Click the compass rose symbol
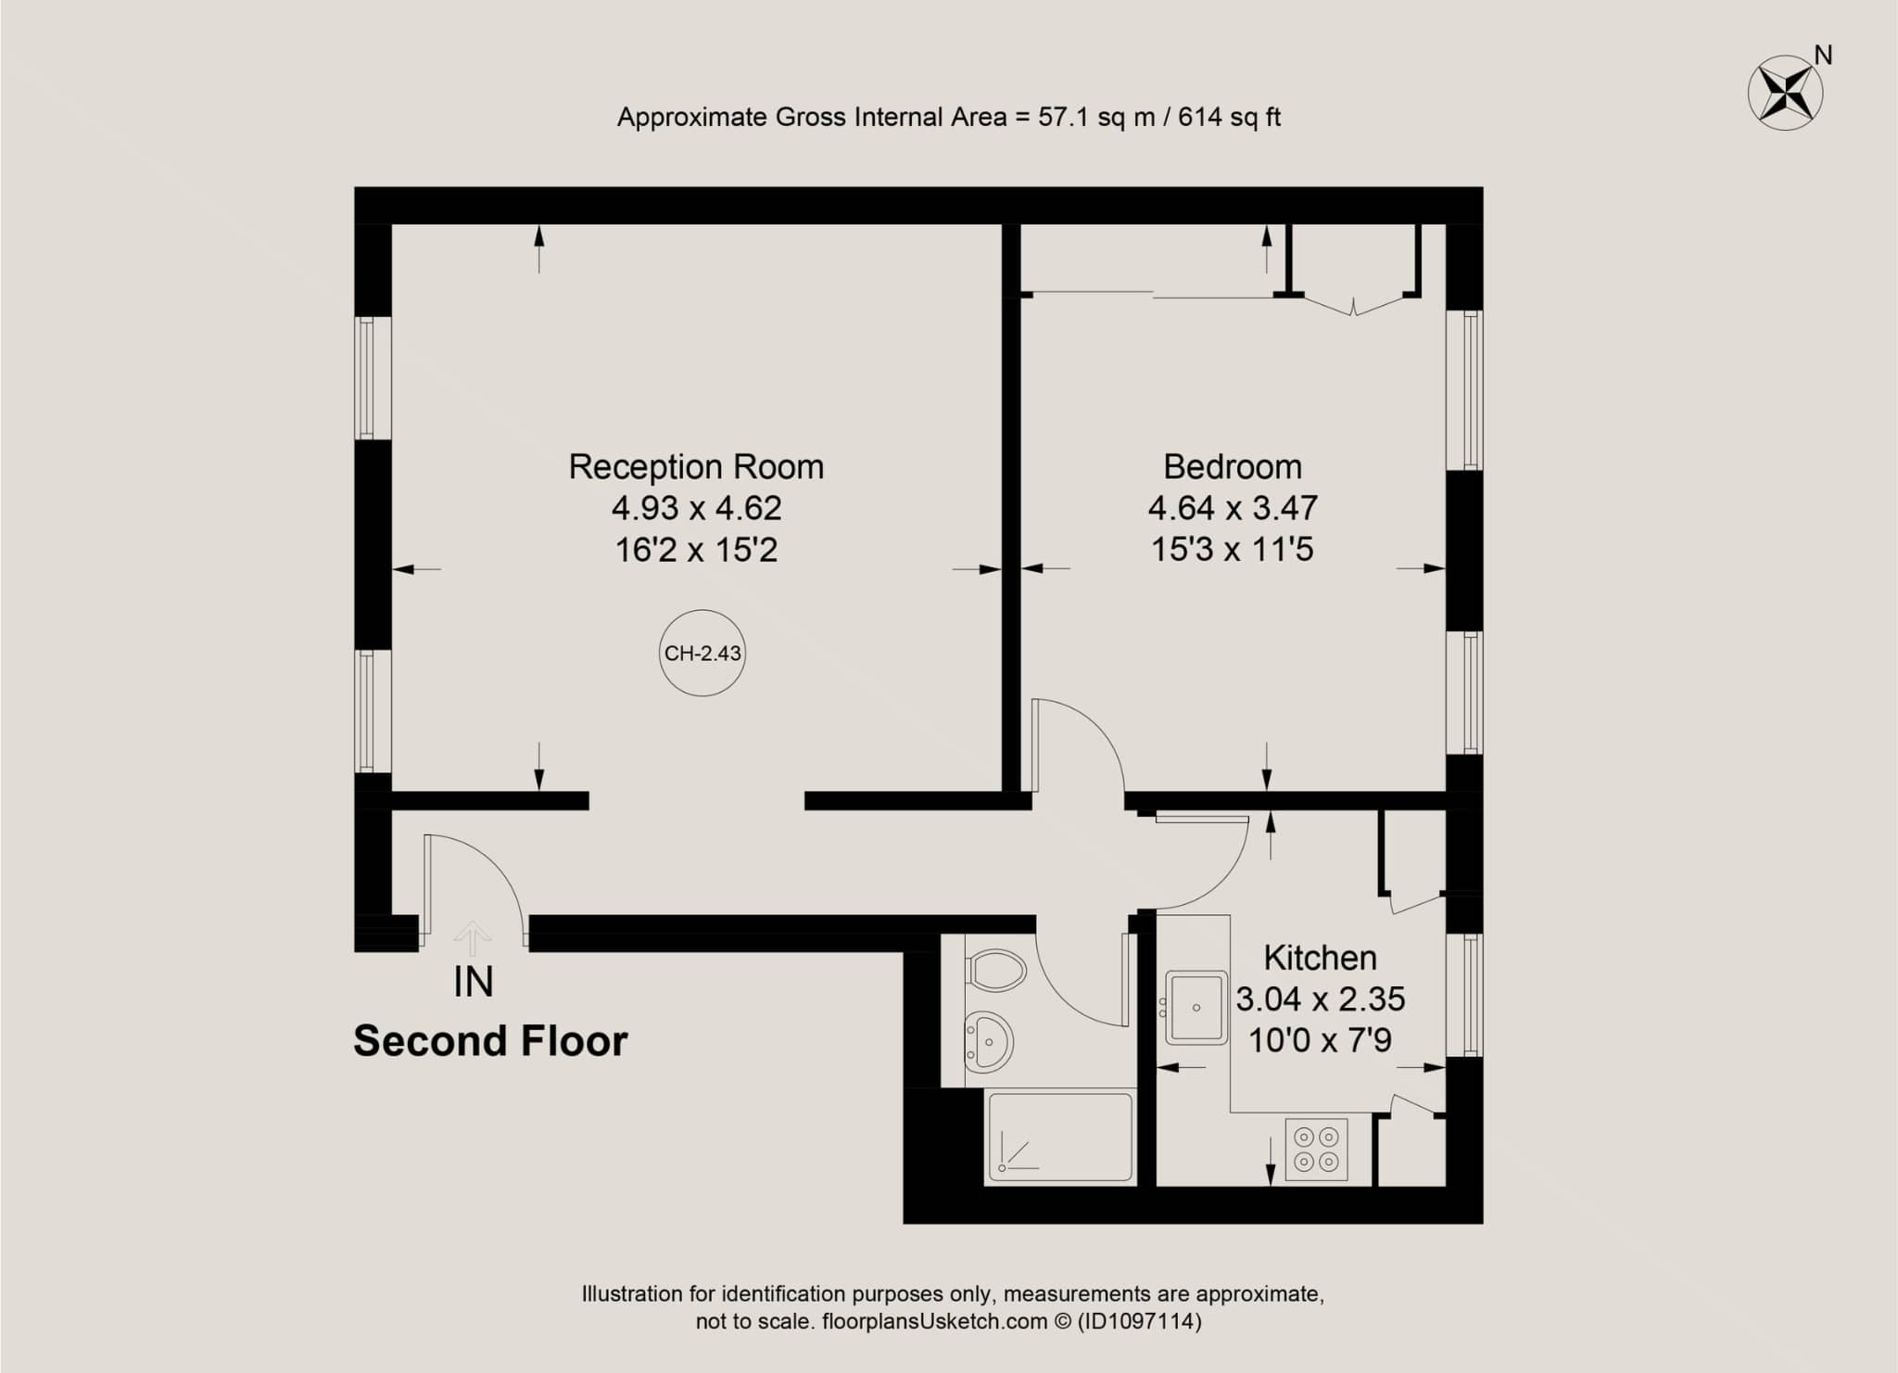pyautogui.click(x=1785, y=93)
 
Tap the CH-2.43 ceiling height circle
pyautogui.click(x=703, y=653)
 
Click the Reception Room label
pyautogui.click(x=696, y=466)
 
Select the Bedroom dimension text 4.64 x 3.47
pyautogui.click(x=1233, y=508)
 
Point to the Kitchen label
pyautogui.click(x=1320, y=957)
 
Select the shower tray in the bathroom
pyautogui.click(x=1060, y=1138)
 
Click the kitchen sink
pyautogui.click(x=1196, y=1008)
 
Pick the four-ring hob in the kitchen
pyautogui.click(x=1316, y=1150)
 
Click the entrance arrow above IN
pyautogui.click(x=473, y=938)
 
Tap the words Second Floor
pyautogui.click(x=490, y=1041)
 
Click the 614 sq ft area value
pyautogui.click(x=1230, y=117)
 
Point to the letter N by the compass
pyautogui.click(x=1823, y=56)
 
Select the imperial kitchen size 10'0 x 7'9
pyautogui.click(x=1320, y=1040)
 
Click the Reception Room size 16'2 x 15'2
pyautogui.click(x=696, y=550)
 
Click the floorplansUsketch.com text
pyautogui.click(x=935, y=1321)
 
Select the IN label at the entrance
pyautogui.click(x=473, y=982)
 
